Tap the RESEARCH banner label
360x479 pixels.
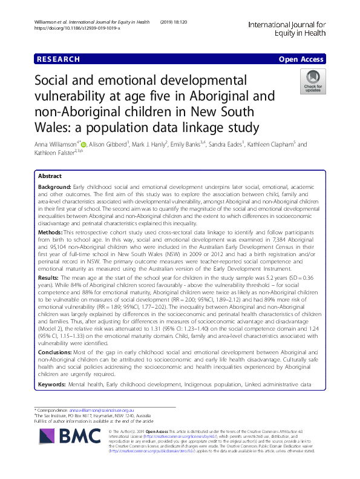point(58,59)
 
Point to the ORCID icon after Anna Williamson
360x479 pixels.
point(84,145)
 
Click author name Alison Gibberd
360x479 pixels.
point(108,145)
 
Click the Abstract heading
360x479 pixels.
point(50,174)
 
